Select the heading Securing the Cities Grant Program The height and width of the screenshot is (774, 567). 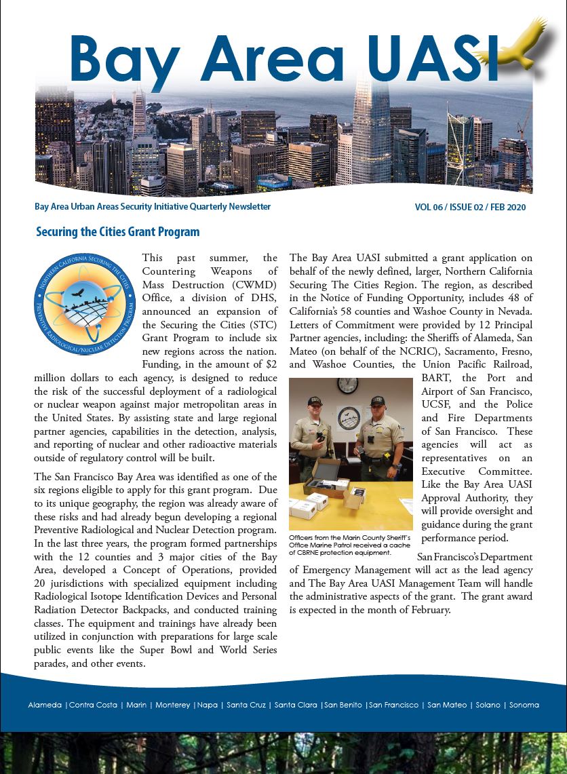pyautogui.click(x=117, y=232)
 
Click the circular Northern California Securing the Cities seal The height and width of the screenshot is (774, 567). pyautogui.click(x=81, y=304)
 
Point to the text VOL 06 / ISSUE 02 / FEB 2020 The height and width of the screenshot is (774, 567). pyautogui.click(x=470, y=208)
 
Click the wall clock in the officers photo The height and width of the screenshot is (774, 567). pyautogui.click(x=347, y=385)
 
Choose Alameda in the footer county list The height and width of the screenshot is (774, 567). pyautogui.click(x=45, y=705)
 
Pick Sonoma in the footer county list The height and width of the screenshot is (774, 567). pyautogui.click(x=524, y=705)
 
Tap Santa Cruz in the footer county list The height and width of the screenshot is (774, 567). pyautogui.click(x=246, y=705)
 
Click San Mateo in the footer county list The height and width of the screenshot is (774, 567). pyautogui.click(x=447, y=705)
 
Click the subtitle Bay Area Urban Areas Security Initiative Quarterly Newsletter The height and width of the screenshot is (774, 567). pyautogui.click(x=153, y=207)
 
